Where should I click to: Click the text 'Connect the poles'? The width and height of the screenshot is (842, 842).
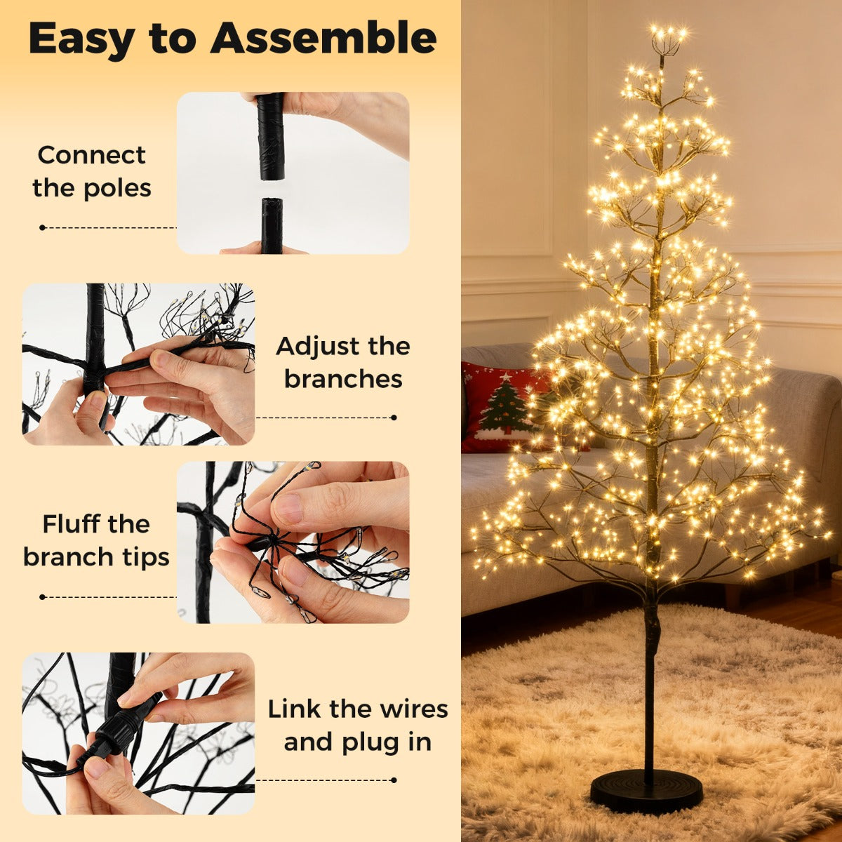click(x=91, y=171)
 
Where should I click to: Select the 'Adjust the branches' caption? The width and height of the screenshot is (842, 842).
click(x=343, y=362)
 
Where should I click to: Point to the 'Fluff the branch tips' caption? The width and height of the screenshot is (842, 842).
click(x=96, y=540)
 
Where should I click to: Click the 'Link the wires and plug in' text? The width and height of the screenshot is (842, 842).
click(x=357, y=725)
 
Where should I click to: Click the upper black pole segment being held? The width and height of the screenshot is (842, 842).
click(x=270, y=136)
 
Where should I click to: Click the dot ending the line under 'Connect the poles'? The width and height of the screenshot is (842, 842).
click(x=43, y=227)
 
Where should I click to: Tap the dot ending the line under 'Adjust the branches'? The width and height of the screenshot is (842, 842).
click(x=394, y=417)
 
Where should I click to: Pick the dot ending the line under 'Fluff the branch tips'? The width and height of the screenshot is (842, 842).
click(x=43, y=597)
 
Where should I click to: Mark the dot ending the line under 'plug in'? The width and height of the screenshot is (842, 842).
click(x=394, y=780)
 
